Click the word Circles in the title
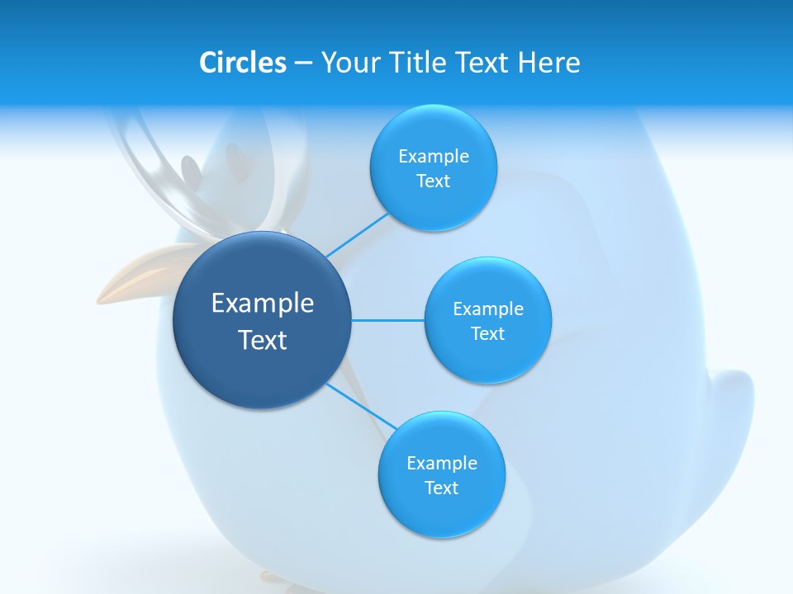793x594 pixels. (242, 63)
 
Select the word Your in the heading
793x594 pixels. (349, 63)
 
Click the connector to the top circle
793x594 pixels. (356, 235)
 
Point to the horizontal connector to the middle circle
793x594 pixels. (388, 320)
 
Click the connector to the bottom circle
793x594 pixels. (360, 406)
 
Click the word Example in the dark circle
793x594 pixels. (263, 304)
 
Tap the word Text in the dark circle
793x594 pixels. (263, 340)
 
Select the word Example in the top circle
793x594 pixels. (434, 157)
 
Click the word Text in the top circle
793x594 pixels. (433, 181)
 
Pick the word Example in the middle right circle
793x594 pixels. (488, 309)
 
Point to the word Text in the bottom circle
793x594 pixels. (441, 488)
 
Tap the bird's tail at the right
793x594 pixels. (731, 412)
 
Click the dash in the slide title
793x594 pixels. (303, 64)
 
